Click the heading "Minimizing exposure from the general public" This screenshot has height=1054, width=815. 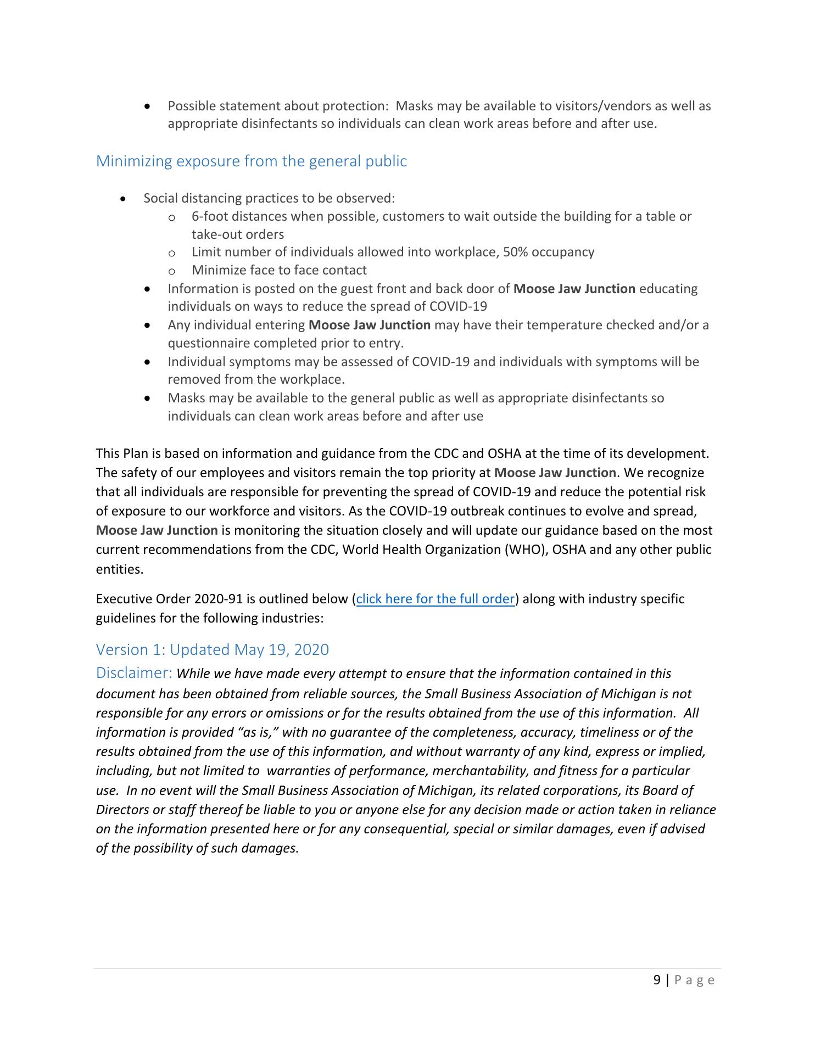coord(251,161)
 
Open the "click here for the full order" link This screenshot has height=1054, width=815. coord(435,599)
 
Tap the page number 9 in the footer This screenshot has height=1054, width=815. coord(657,980)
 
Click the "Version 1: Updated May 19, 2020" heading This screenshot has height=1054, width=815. coord(212,649)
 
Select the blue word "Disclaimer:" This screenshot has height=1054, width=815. coord(135,673)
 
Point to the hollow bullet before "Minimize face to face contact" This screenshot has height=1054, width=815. coord(172,271)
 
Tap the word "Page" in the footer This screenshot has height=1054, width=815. coord(694,980)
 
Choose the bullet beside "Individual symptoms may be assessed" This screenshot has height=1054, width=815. coord(147,362)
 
